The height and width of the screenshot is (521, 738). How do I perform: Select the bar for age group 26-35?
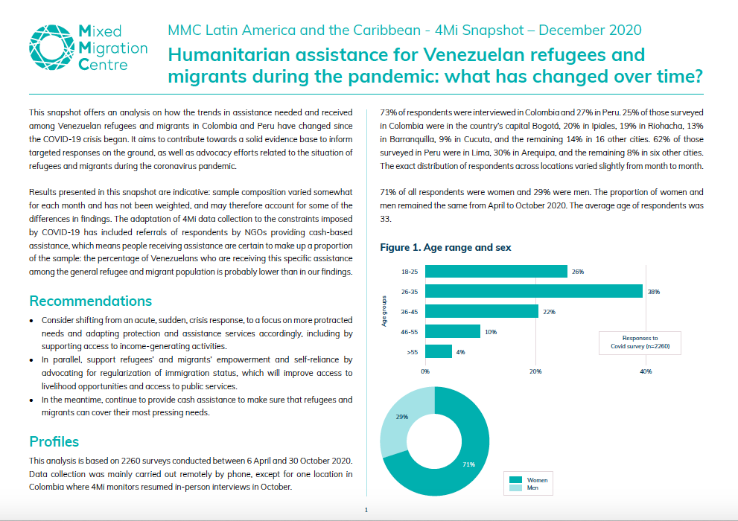(x=534, y=291)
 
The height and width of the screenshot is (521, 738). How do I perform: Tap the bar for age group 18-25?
(x=496, y=272)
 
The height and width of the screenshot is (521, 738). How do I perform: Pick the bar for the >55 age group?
(x=439, y=351)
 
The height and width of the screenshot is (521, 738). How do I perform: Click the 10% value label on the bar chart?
(x=491, y=332)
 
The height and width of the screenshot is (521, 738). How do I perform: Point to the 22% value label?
(x=550, y=312)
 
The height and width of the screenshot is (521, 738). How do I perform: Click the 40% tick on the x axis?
(x=646, y=371)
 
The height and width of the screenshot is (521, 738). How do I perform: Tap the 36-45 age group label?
(x=410, y=311)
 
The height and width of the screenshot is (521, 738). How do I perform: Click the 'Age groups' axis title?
(x=385, y=312)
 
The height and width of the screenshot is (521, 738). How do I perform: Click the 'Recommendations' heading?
(x=90, y=301)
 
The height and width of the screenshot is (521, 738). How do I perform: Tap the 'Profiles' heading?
(x=54, y=441)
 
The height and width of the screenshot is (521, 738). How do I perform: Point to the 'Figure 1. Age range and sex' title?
(x=445, y=247)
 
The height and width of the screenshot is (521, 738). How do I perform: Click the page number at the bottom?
(x=366, y=511)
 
